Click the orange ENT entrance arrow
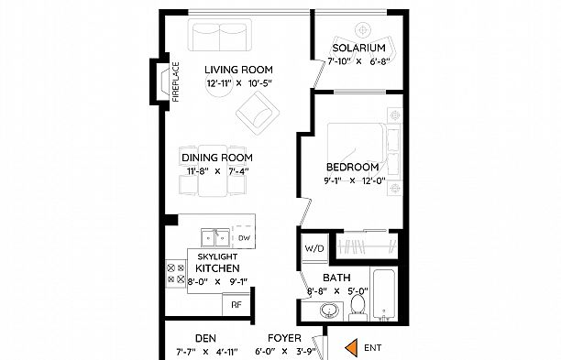(x=349, y=347)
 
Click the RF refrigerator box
(x=236, y=303)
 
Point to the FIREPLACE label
(x=176, y=80)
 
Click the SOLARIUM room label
(x=357, y=48)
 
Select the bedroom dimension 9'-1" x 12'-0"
(x=353, y=180)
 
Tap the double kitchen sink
(x=216, y=235)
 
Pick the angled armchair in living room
(x=257, y=116)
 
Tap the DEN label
(x=205, y=337)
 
